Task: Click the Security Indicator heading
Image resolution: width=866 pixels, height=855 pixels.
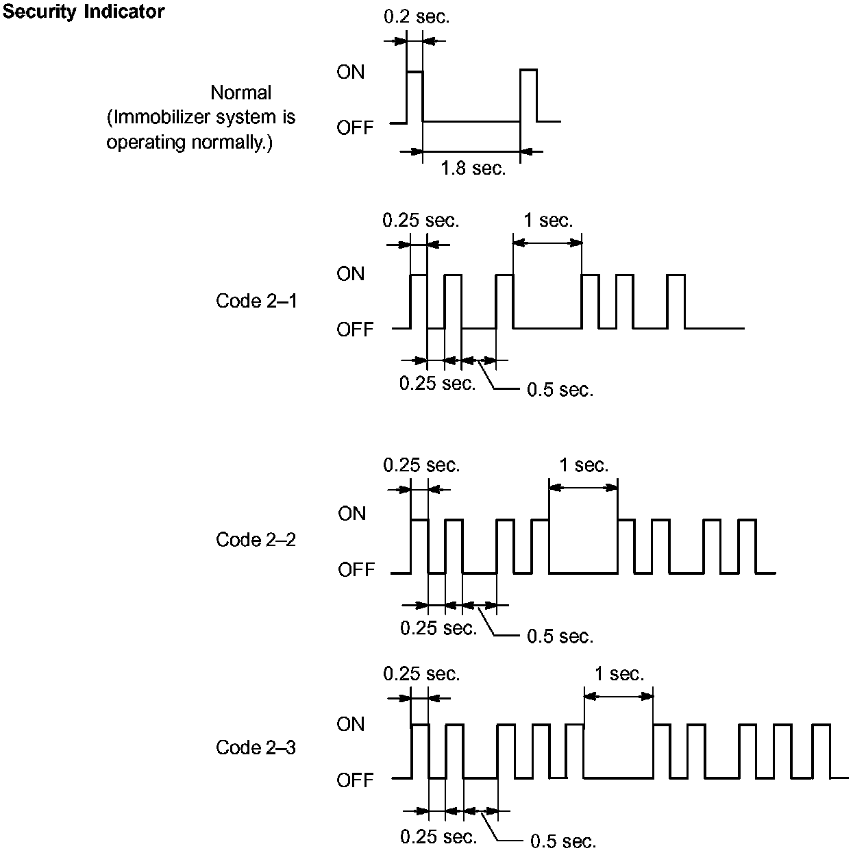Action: pos(84,12)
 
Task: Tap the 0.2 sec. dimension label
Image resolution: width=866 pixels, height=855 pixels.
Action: pos(417,16)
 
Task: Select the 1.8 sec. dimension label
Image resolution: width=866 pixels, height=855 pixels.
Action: pos(473,168)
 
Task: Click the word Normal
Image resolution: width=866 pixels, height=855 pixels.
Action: pos(240,92)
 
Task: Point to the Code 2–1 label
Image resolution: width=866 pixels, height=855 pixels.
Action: pos(256,301)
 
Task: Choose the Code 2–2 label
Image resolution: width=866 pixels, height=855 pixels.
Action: pos(256,540)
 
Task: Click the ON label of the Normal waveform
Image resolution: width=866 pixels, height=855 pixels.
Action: pos(351,72)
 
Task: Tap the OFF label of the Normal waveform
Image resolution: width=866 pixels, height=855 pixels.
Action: pos(355,127)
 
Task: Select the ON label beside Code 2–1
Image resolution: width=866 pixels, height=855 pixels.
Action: pos(351,274)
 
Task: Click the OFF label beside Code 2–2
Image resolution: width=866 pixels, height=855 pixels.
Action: pos(356,570)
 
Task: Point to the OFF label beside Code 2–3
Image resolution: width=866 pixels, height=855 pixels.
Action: pos(355,780)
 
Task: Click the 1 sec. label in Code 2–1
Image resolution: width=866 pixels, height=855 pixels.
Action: pos(548,221)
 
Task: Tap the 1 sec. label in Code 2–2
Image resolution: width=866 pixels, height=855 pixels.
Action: pos(584,466)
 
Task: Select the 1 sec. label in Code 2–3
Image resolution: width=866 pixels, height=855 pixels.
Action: pos(619,674)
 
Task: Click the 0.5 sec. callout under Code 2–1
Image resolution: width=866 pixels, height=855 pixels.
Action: pos(560,391)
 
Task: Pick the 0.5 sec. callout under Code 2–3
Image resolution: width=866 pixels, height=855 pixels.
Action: pos(563,841)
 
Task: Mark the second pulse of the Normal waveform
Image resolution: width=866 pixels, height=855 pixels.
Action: pos(528,95)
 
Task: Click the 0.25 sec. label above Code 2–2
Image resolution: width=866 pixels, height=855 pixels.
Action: pos(421,465)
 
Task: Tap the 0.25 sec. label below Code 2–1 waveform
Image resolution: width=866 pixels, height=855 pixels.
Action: pos(437,384)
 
